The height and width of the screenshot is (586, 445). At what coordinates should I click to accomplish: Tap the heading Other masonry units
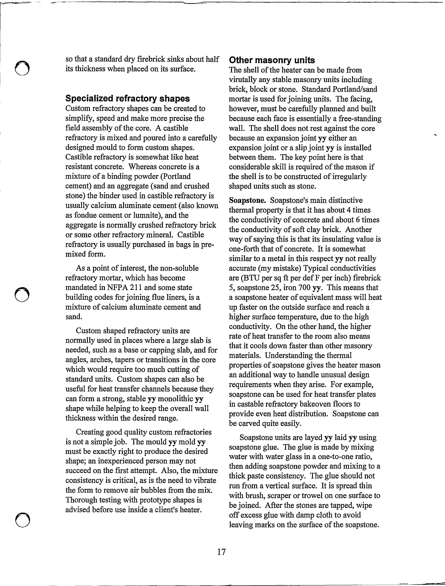point(272,60)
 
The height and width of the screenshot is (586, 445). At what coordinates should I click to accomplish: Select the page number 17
point(221,552)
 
